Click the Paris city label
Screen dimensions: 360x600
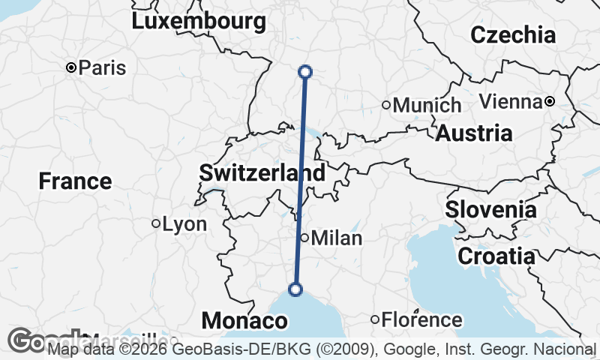point(102,67)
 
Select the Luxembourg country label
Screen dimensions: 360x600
point(199,22)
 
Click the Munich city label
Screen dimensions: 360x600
point(427,105)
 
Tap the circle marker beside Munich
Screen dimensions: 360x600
point(386,105)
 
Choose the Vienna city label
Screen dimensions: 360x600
point(510,101)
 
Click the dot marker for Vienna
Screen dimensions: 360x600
point(550,101)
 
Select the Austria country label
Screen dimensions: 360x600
point(474,133)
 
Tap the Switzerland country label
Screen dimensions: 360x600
point(262,173)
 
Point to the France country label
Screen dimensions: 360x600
point(75,181)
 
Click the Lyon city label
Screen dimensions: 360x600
point(184,223)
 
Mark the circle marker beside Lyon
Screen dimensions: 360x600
point(156,223)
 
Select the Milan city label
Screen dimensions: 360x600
point(336,238)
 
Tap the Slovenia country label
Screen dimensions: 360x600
point(491,209)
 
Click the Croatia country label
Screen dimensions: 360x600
point(496,256)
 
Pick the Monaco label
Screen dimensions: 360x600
point(244,321)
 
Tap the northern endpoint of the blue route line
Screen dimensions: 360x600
point(305,72)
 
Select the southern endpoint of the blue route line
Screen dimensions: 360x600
point(295,289)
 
